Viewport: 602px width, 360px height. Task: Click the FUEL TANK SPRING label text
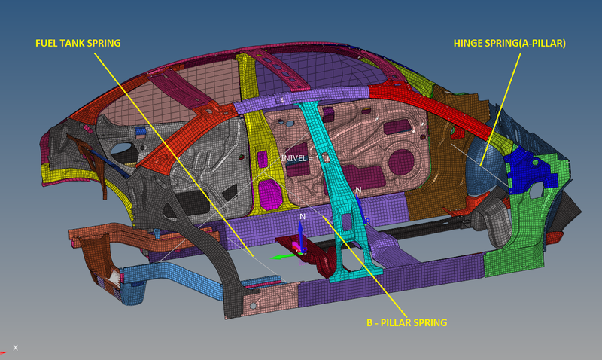coord(78,43)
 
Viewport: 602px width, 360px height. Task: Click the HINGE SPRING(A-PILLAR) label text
coord(509,44)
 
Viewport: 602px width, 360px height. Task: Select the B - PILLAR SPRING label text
coord(407,322)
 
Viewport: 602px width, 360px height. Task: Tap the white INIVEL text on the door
coord(294,158)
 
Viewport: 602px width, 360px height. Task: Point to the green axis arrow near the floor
coord(281,256)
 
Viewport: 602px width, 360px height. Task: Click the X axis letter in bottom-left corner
coord(15,348)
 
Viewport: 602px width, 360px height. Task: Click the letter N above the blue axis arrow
coord(302,216)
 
